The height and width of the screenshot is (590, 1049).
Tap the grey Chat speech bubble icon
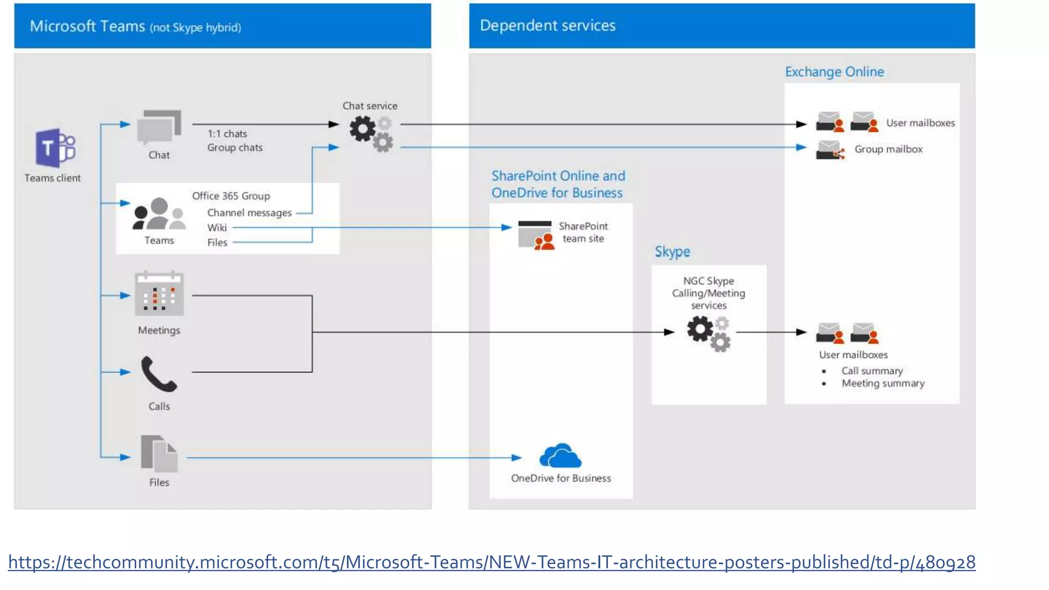(159, 127)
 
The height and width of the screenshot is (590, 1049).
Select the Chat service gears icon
(371, 134)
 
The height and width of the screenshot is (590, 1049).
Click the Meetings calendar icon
(159, 294)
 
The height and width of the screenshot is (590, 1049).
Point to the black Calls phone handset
(159, 374)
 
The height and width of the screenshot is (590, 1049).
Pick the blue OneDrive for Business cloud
(560, 455)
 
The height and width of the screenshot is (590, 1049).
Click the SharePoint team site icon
(536, 235)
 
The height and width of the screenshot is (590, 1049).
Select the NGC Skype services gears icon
(708, 333)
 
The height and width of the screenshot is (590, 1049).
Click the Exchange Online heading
(834, 72)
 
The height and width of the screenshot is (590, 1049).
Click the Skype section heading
(672, 251)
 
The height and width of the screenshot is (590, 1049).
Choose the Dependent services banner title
(547, 26)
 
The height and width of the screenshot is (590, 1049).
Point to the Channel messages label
(249, 213)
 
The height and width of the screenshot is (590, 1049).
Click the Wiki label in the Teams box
(217, 227)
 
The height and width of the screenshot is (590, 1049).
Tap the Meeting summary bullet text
(883, 383)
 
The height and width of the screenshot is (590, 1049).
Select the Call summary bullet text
(872, 370)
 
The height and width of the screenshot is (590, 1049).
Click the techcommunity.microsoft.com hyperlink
(491, 562)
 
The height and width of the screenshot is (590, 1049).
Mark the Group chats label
(235, 147)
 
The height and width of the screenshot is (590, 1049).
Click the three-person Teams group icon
(159, 214)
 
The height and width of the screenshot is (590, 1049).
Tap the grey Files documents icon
(159, 454)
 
